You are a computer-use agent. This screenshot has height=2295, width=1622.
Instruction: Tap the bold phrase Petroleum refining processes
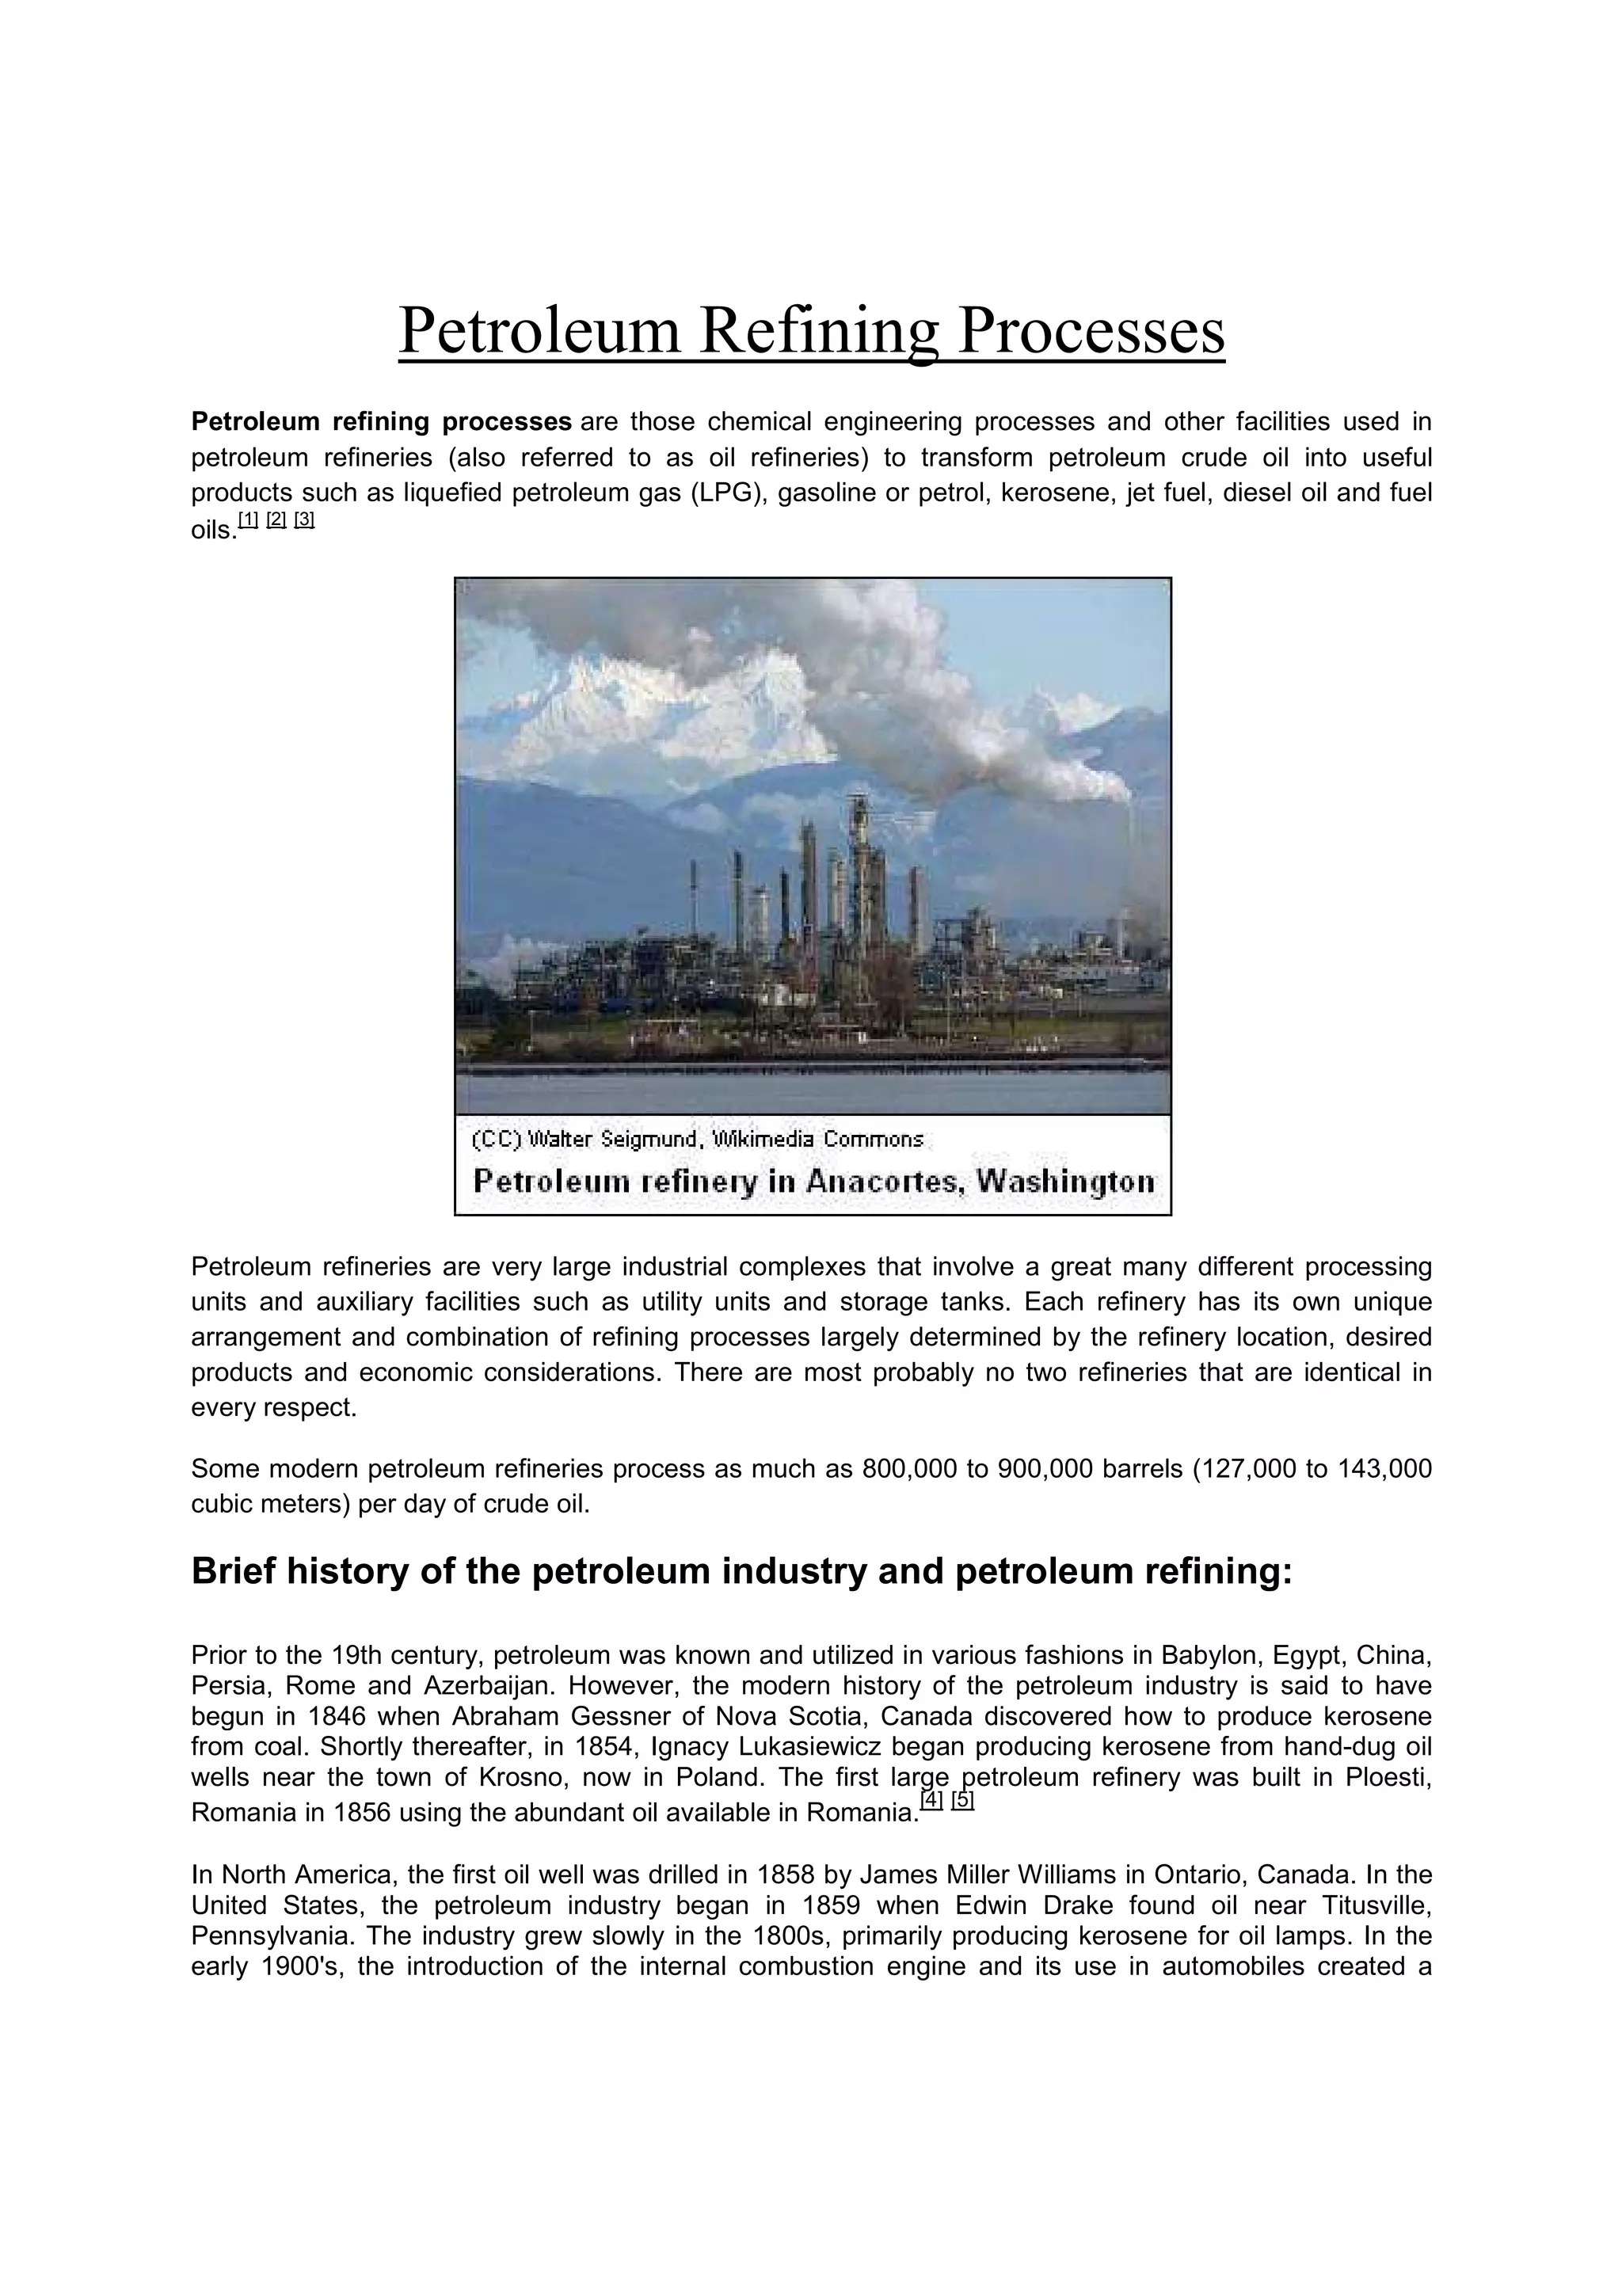tap(381, 422)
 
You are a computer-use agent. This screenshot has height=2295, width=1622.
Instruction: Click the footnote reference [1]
tap(248, 520)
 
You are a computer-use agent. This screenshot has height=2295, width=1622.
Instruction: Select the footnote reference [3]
tap(304, 520)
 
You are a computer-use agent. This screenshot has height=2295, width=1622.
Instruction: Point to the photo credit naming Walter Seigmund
tap(697, 1139)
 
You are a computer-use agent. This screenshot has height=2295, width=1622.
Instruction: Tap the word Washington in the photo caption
tap(1065, 1182)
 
